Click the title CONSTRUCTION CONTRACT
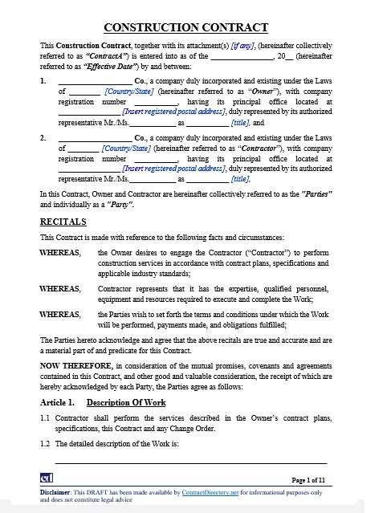[x=192, y=27]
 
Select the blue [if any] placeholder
[x=244, y=47]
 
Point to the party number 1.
[x=43, y=81]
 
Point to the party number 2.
[x=43, y=138]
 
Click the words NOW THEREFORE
[x=75, y=366]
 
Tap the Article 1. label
[x=57, y=401]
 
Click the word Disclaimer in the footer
[x=55, y=491]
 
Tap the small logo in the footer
[x=47, y=479]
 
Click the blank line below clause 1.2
[x=190, y=462]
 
